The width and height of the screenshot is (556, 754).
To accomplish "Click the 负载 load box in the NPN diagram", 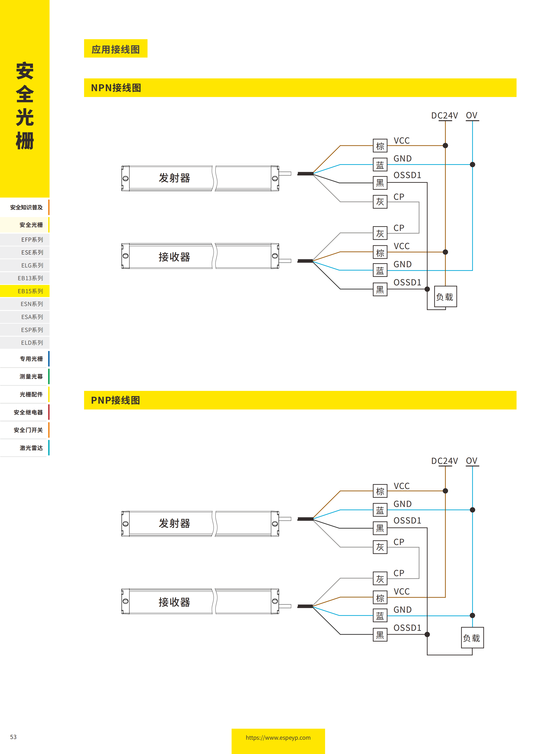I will click(x=445, y=296).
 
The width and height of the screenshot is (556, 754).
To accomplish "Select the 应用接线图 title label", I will click(x=115, y=49).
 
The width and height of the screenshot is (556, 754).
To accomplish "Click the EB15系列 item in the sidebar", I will click(x=30, y=291).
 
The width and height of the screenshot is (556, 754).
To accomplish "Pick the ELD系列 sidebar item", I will click(x=32, y=343).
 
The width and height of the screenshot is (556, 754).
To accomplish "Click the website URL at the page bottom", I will click(x=278, y=737).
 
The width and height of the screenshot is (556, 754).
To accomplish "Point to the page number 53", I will click(x=13, y=737).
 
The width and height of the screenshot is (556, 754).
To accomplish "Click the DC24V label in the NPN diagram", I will click(x=444, y=116).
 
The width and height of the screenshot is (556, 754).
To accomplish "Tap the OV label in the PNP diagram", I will click(x=471, y=461).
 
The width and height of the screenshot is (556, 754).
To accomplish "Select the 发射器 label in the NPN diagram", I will click(x=174, y=178).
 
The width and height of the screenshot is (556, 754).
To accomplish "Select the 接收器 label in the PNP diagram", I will click(x=174, y=602).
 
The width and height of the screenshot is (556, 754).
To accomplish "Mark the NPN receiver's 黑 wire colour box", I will click(x=380, y=289).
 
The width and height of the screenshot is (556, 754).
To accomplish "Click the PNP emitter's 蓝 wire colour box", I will click(x=380, y=510).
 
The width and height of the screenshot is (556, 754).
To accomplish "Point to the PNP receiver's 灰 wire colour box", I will click(x=380, y=578).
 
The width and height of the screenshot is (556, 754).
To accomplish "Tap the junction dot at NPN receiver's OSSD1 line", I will click(x=427, y=289).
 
